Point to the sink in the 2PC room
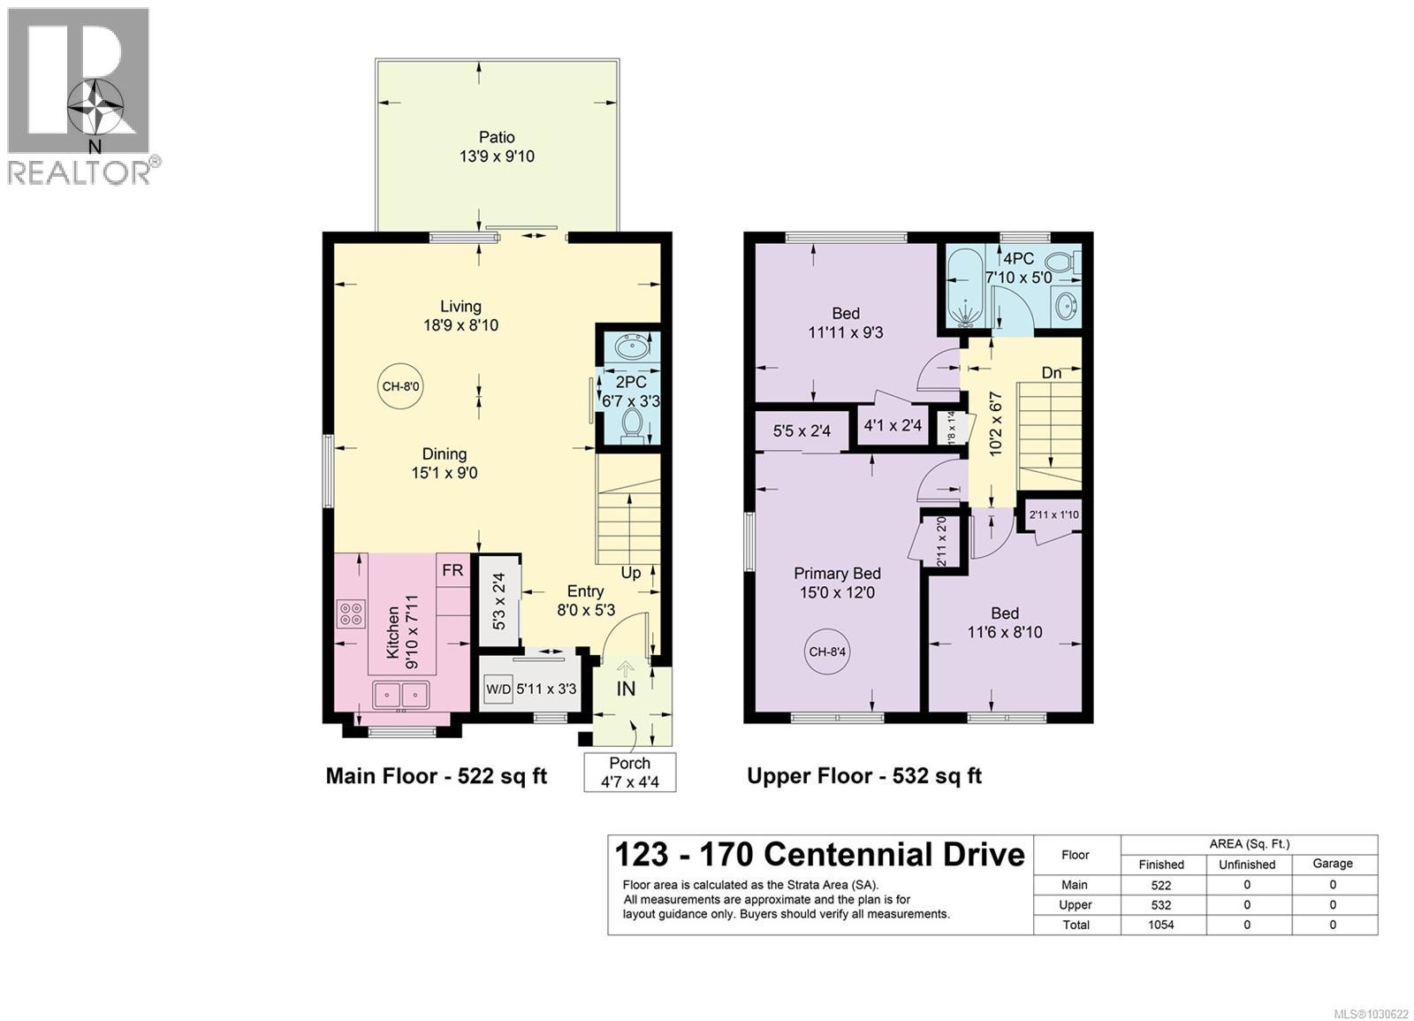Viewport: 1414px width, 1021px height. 632,347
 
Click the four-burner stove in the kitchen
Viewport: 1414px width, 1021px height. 351,613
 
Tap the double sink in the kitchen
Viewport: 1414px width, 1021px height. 401,695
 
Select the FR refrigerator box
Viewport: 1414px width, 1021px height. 452,571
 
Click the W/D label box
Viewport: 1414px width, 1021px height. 498,689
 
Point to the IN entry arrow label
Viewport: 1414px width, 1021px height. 626,687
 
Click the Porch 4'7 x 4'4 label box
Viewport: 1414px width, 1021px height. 630,773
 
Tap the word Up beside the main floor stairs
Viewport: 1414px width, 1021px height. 631,573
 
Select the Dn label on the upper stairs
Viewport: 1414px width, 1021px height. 1051,373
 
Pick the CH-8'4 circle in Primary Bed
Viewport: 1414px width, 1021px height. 828,652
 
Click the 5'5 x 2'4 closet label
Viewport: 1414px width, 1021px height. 802,431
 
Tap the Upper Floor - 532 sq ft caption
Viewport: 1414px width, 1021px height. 864,776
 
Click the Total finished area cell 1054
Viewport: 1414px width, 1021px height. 1160,925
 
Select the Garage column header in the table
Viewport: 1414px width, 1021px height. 1332,864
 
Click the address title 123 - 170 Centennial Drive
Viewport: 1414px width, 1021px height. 819,855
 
